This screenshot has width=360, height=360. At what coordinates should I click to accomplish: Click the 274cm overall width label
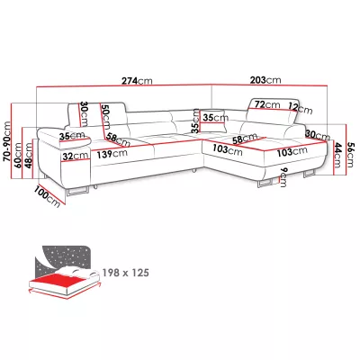coord(137,81)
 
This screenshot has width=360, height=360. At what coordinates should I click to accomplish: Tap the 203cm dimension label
coord(265,80)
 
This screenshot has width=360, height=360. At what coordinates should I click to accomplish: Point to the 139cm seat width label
coord(112,154)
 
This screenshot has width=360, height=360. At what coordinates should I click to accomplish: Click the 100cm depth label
coord(48,196)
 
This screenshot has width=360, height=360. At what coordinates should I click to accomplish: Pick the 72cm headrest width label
coord(267,104)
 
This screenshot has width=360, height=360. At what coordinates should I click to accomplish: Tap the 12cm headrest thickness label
coord(301,108)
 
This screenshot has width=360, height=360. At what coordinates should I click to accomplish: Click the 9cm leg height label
coord(283,177)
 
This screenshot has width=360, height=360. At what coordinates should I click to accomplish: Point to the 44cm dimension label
coord(337,155)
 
